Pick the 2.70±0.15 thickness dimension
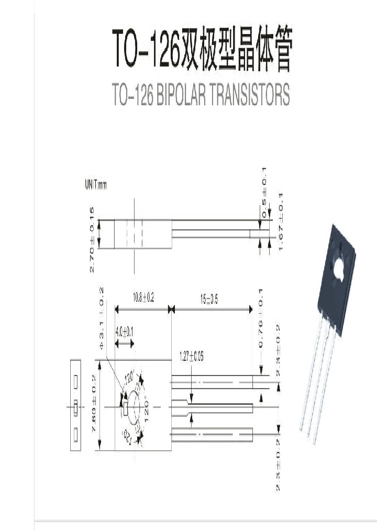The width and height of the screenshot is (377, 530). point(92,239)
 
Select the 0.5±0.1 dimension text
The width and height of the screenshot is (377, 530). point(264,186)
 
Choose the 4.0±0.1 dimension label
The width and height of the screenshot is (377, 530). point(124,332)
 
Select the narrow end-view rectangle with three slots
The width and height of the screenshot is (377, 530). point(75,405)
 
